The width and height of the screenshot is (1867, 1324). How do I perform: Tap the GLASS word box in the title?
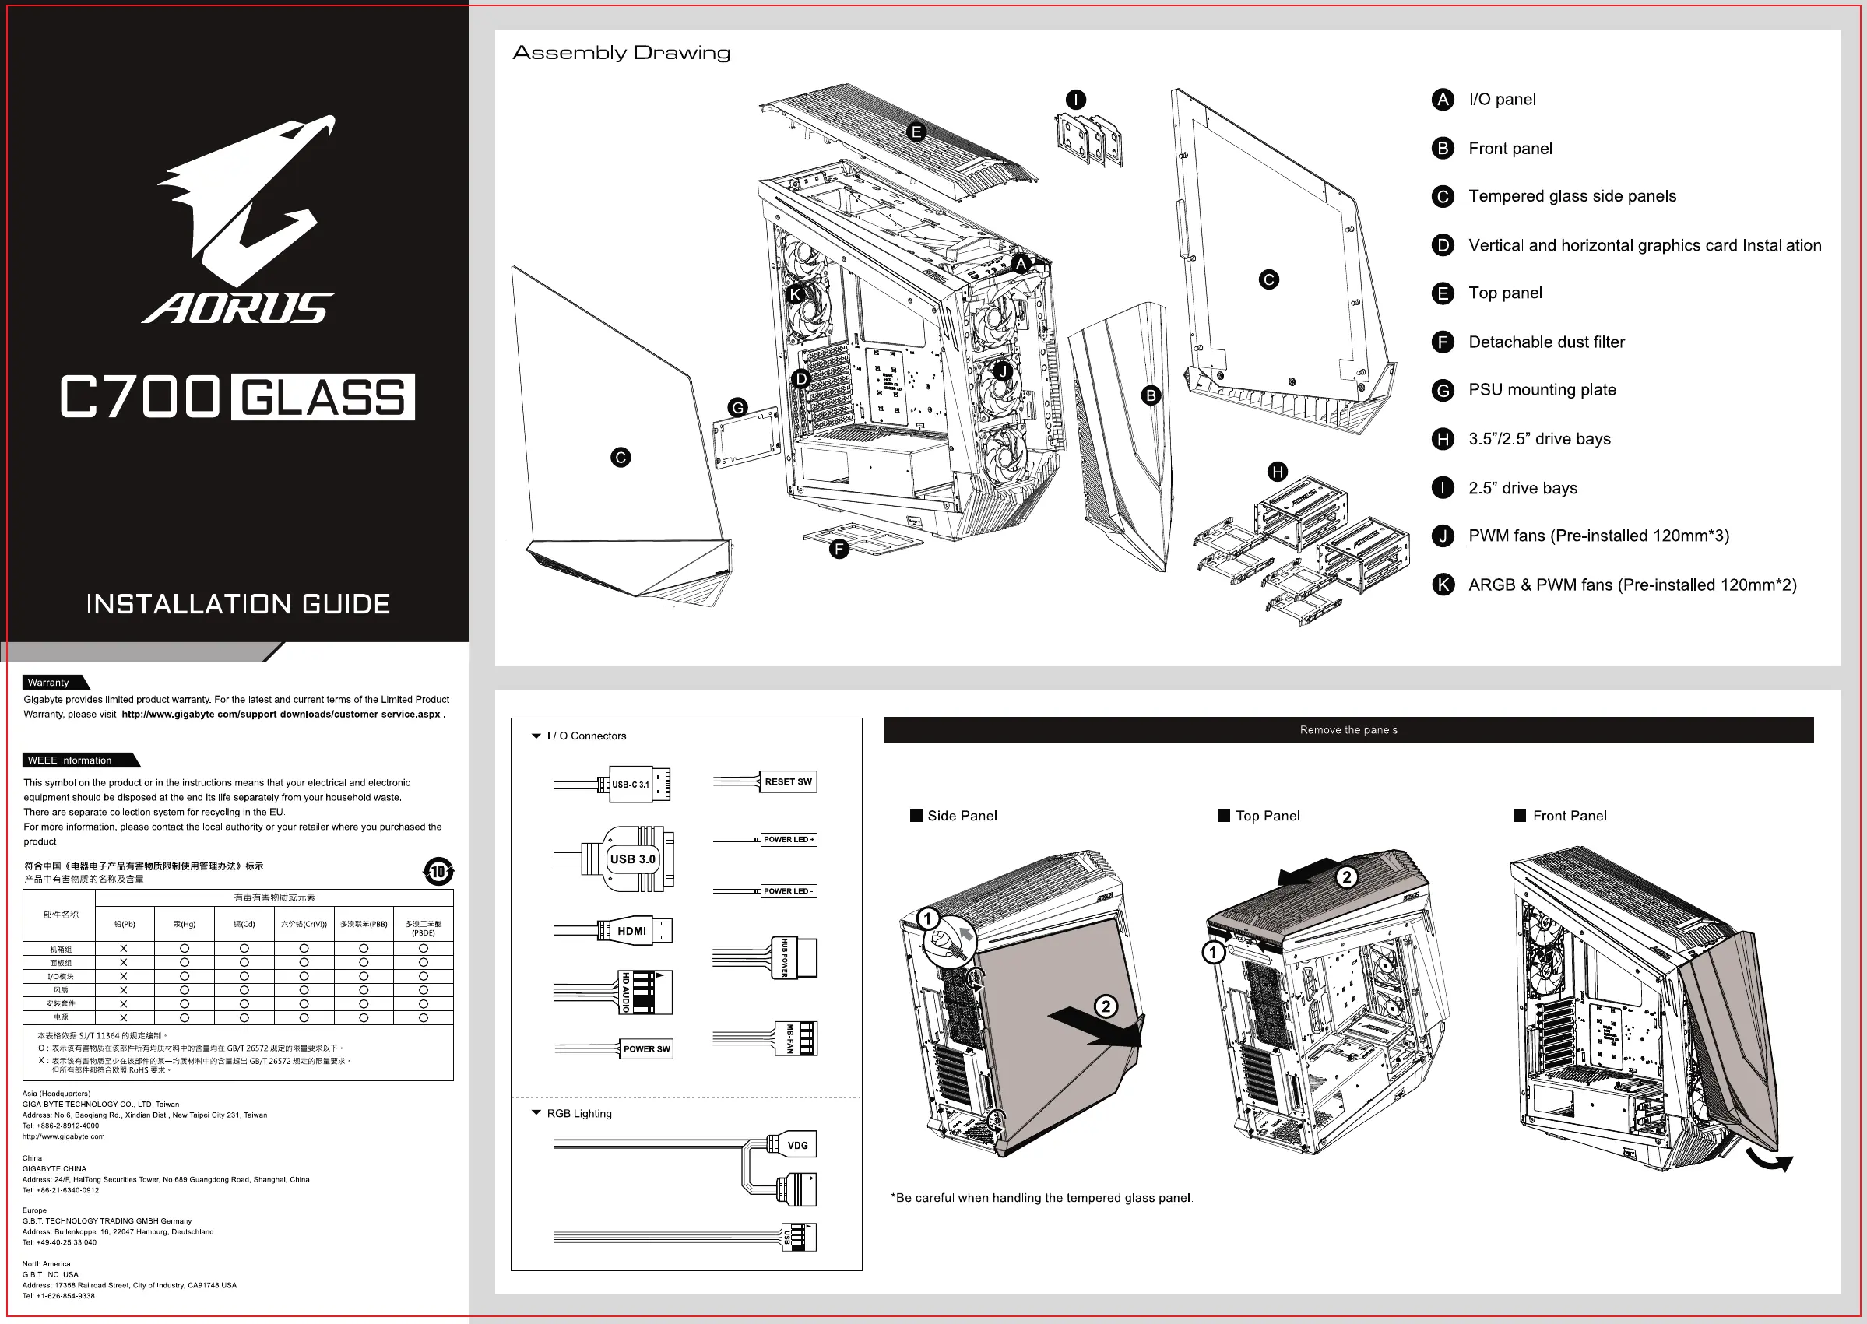[x=323, y=398]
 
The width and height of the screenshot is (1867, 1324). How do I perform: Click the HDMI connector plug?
[x=635, y=930]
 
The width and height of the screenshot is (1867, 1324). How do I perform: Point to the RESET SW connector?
[x=788, y=781]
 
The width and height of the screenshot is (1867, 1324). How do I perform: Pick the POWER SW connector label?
[x=646, y=1049]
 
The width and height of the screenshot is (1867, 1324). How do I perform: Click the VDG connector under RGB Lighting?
[x=796, y=1146]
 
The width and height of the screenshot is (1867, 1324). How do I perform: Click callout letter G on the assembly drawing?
[x=738, y=408]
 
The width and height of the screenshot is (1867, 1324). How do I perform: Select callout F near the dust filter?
[x=839, y=550]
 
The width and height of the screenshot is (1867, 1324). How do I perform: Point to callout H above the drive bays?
[x=1278, y=472]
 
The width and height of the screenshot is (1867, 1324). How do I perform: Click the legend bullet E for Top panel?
[x=1442, y=293]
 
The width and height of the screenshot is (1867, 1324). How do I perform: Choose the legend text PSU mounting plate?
[x=1542, y=390]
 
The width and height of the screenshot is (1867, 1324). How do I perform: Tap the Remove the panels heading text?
[x=1348, y=729]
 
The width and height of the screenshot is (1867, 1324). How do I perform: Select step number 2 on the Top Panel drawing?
[x=1346, y=877]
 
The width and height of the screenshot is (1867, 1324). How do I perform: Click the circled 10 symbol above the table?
[x=438, y=872]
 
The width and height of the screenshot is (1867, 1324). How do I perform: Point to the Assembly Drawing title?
[x=621, y=53]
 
